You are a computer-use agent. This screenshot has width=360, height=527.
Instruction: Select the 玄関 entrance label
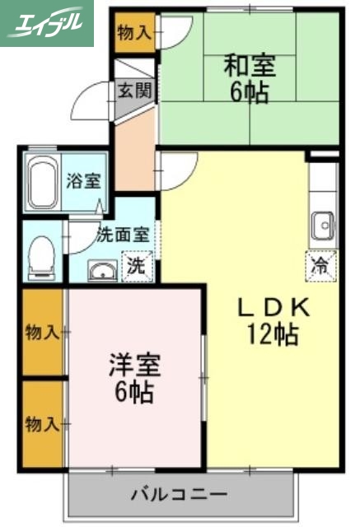[133, 90]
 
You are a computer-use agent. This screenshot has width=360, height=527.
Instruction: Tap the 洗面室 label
[123, 233]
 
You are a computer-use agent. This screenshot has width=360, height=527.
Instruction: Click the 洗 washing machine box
[137, 267]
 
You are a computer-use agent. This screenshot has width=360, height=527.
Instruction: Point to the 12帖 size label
[271, 334]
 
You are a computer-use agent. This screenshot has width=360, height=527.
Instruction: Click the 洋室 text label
[133, 365]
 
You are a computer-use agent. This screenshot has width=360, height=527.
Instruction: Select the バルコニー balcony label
[179, 496]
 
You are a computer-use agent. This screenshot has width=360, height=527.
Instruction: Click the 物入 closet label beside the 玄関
[133, 34]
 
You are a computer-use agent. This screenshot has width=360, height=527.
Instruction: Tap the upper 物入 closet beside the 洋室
[41, 333]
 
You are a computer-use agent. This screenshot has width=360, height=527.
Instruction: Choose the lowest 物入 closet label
[41, 425]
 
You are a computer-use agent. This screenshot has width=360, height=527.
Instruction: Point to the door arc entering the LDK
[177, 169]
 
